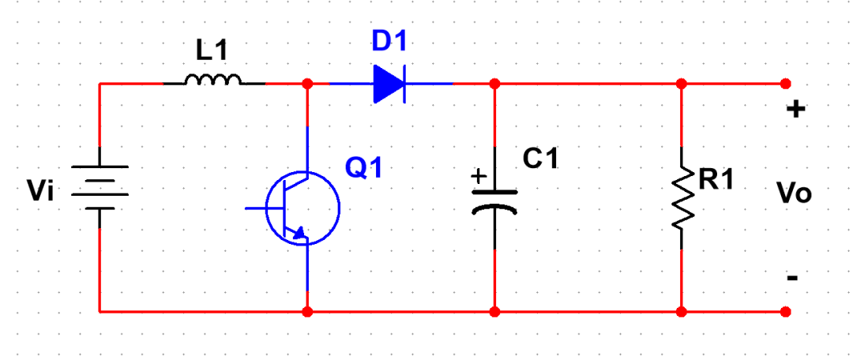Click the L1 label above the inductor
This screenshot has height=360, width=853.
pos(212,52)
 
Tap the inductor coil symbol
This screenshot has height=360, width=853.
pos(213,80)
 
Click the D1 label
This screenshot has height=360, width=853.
pos(389,41)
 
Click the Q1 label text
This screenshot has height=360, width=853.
pos(364,168)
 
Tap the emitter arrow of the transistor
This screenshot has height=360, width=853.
pos(299,233)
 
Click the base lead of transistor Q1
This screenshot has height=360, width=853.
pos(256,208)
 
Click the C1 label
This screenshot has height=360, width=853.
pos(541,158)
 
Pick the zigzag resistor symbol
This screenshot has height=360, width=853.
pos(682,198)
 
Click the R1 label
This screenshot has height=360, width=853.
pos(716,180)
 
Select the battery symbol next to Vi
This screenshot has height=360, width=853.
pos(100,187)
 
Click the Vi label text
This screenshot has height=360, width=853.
pos(41,191)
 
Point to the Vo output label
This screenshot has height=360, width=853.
pos(795,193)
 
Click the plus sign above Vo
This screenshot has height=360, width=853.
pos(796,110)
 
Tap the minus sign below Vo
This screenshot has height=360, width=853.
pos(793,279)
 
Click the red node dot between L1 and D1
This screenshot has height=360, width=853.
pos(307,84)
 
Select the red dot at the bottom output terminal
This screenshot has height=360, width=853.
pos(785,312)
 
